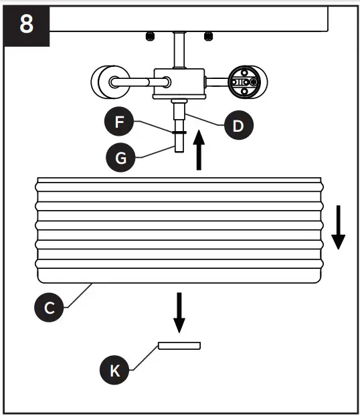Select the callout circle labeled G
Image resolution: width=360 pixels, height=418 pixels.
120,159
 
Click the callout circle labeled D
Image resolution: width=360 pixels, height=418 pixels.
238,125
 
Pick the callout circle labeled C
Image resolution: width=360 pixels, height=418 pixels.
49,308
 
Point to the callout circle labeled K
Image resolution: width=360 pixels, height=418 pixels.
115,371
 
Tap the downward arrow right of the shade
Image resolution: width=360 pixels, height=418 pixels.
338,227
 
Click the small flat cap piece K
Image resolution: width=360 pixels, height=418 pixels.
179,345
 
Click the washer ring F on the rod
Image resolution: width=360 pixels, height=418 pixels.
179,132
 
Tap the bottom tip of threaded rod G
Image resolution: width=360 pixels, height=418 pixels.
179,152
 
